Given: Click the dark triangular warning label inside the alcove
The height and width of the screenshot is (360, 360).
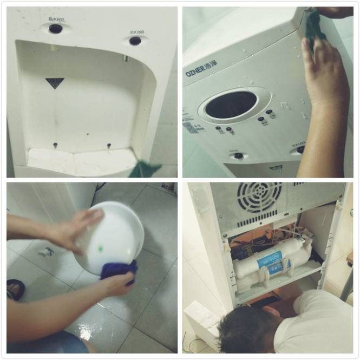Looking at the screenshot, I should tap(55, 83).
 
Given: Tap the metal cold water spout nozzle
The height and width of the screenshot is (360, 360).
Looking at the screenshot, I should tap(126, 58).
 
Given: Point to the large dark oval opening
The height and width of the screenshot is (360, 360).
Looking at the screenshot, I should tap(231, 104).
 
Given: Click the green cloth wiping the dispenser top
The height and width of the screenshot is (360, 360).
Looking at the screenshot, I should tap(315, 27).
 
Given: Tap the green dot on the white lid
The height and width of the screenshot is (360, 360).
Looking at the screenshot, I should tap(101, 249).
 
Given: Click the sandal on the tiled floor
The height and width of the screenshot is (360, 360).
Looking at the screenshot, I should tap(15, 289).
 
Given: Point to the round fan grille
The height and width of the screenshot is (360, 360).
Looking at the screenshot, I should tap(259, 198).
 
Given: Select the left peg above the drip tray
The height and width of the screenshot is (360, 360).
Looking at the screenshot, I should tap(55, 145).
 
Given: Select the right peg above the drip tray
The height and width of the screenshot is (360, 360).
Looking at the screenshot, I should tap(109, 146).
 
